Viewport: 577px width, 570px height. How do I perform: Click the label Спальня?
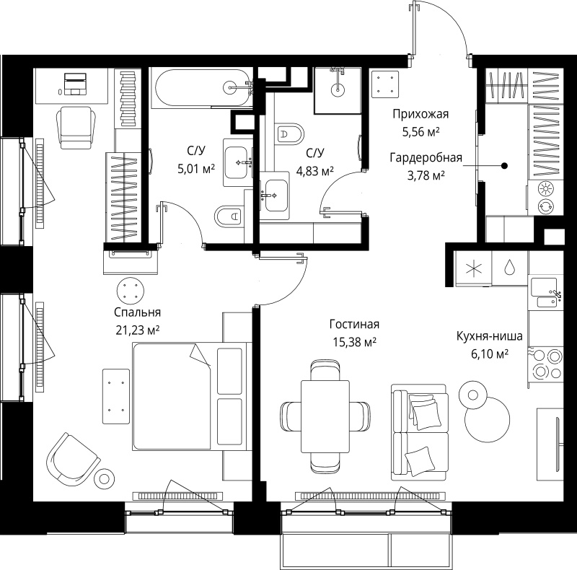click(x=137, y=312)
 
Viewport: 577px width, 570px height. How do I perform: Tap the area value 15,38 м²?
click(x=354, y=342)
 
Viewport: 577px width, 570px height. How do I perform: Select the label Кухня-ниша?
click(x=490, y=336)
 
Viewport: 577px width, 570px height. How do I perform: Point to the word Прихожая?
click(x=420, y=114)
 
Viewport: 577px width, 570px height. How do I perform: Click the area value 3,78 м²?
click(x=426, y=175)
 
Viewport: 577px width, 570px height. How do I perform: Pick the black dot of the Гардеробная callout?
click(x=504, y=166)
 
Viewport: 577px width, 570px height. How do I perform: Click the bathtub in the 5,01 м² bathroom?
click(x=203, y=88)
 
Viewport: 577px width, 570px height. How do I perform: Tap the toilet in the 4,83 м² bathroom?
click(x=289, y=133)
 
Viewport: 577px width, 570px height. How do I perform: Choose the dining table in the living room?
click(x=325, y=416)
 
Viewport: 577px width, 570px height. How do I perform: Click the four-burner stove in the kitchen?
click(x=546, y=364)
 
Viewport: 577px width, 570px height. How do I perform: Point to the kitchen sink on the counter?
click(x=545, y=293)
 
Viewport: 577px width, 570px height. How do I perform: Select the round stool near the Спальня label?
click(x=131, y=290)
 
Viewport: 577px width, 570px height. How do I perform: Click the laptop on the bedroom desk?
click(x=76, y=84)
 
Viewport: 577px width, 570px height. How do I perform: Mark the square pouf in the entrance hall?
click(x=385, y=84)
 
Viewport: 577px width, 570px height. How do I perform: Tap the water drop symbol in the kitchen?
click(x=510, y=267)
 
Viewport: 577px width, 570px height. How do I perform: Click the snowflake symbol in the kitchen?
click(x=474, y=268)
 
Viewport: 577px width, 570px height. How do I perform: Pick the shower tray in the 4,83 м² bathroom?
click(x=338, y=91)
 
